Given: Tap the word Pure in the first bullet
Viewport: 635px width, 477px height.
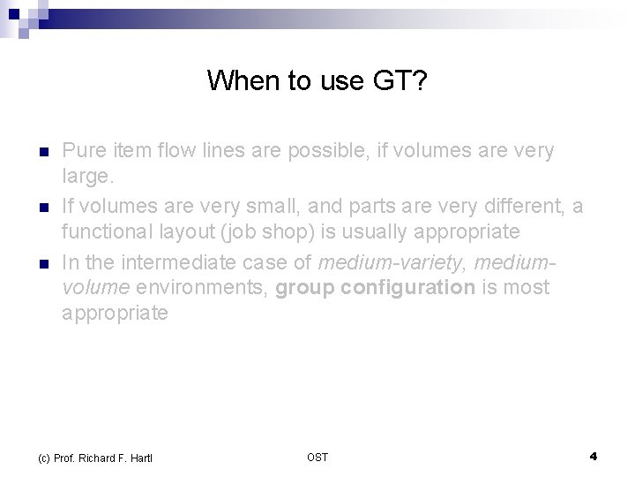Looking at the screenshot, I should (82, 150).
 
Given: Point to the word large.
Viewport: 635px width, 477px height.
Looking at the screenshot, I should (88, 178).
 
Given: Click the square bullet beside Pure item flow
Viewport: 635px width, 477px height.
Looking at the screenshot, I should (42, 151).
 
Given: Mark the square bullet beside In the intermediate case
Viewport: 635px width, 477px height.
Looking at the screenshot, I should (42, 261).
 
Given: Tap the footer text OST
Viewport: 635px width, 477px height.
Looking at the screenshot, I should (317, 457).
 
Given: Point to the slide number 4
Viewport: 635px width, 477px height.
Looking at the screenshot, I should (593, 456).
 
